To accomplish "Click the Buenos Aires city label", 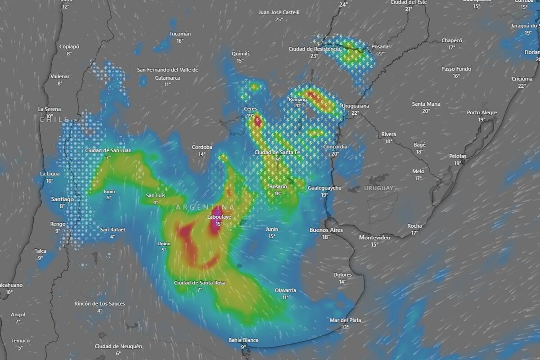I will pos(326,230).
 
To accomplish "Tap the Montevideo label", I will pos(374,237).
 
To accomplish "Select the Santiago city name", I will pos(63,199).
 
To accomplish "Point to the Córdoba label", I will pos(202,147).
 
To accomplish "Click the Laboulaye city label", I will pos(219,217).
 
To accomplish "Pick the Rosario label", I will pos(278,187).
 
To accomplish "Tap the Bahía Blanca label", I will pos(243,340).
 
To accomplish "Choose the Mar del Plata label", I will pos(345,320).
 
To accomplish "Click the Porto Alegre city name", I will pos(481,112).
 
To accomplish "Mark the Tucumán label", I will pos(180,34).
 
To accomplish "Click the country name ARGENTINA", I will pos(205,207).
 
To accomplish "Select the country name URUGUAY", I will pos(379,188).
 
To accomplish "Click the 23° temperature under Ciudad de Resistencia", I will pos(314,56).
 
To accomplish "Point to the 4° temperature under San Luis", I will pos(155,202).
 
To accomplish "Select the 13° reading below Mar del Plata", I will pos(345,327).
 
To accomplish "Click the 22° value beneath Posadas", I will pos(381,54).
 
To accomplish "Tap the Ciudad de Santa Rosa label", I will pos(200,283).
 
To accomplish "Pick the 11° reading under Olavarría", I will pos(285,297).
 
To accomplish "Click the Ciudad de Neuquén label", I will pos(118,346).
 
